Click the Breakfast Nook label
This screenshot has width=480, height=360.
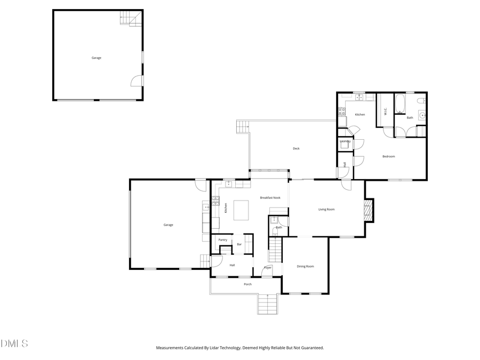coord(270,198)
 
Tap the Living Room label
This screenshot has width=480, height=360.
coord(326,210)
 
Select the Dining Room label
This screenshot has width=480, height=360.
coord(305,266)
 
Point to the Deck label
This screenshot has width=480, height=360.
coord(296,149)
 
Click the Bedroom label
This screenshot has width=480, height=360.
coord(388,156)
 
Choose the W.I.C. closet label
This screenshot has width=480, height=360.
coord(385,111)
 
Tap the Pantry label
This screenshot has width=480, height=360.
coord(222,240)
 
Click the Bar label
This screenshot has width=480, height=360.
coord(239,244)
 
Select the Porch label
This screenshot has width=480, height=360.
coord(247,284)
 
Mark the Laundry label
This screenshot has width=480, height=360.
coord(345,141)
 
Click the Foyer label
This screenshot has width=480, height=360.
coord(268,267)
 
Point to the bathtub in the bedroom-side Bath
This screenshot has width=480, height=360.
coord(400,105)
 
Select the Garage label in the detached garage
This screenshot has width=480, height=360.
coord(96,58)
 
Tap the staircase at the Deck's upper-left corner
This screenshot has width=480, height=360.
coord(243,127)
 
